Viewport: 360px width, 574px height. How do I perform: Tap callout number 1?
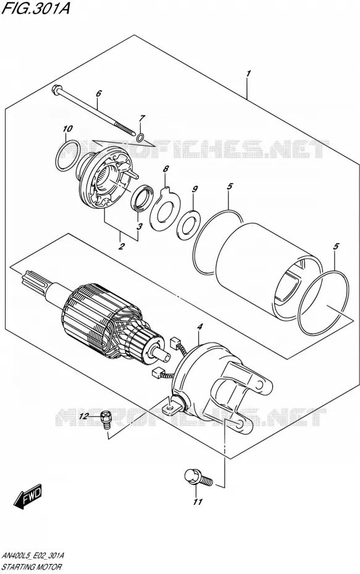click(248, 74)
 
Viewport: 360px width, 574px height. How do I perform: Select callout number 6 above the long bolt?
click(98, 93)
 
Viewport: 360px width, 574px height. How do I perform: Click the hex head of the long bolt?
click(57, 88)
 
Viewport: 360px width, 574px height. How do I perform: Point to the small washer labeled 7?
click(140, 138)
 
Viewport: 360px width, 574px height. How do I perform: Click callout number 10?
click(67, 129)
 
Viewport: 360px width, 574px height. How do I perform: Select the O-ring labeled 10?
click(69, 156)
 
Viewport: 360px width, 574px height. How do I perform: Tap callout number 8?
click(166, 169)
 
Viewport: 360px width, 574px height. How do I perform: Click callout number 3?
click(139, 227)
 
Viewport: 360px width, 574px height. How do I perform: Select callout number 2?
click(121, 246)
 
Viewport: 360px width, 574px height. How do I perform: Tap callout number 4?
click(199, 327)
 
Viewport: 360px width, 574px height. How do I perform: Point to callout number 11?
click(198, 502)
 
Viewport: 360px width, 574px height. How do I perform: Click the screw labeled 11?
click(198, 477)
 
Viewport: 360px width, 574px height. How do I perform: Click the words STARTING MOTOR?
click(31, 567)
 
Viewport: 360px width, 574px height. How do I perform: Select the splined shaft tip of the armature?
click(35, 281)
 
